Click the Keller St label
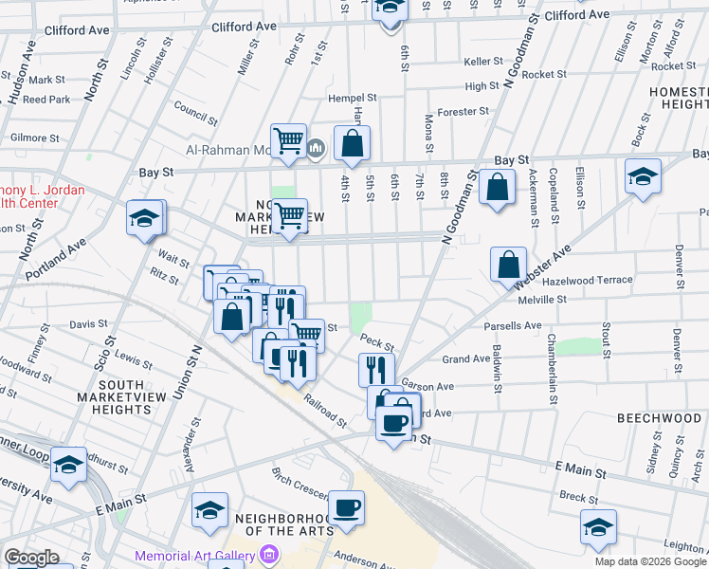click(x=482, y=62)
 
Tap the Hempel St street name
click(x=353, y=98)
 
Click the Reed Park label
click(x=46, y=99)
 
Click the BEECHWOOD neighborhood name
click(x=658, y=418)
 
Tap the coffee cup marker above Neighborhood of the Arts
click(x=346, y=508)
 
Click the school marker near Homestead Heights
click(x=643, y=177)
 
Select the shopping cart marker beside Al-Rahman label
click(x=288, y=141)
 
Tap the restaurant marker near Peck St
click(x=376, y=368)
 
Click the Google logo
click(x=30, y=559)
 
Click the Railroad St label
click(x=325, y=411)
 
